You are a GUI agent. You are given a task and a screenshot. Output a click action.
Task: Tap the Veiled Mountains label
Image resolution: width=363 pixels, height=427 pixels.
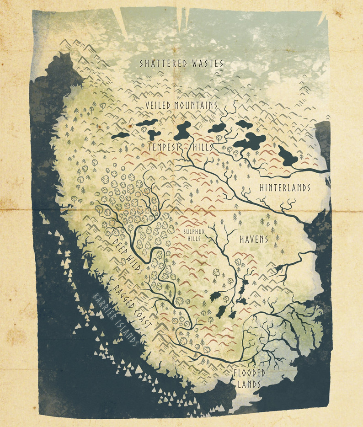coord(181,105)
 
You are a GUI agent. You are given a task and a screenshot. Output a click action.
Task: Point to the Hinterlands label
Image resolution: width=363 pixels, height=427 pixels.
coord(285,187)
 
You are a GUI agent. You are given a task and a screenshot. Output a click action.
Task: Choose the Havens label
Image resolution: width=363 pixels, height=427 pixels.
coord(254,239)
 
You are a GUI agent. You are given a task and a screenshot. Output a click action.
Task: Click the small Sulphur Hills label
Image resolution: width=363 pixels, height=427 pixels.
coord(194,235)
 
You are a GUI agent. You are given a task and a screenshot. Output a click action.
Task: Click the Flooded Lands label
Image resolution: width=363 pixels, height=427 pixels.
coord(250,379)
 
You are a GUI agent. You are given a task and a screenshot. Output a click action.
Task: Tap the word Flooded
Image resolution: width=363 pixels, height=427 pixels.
coord(250,373)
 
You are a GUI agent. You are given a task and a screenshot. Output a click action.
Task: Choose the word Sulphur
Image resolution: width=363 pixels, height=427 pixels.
coord(194,231)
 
